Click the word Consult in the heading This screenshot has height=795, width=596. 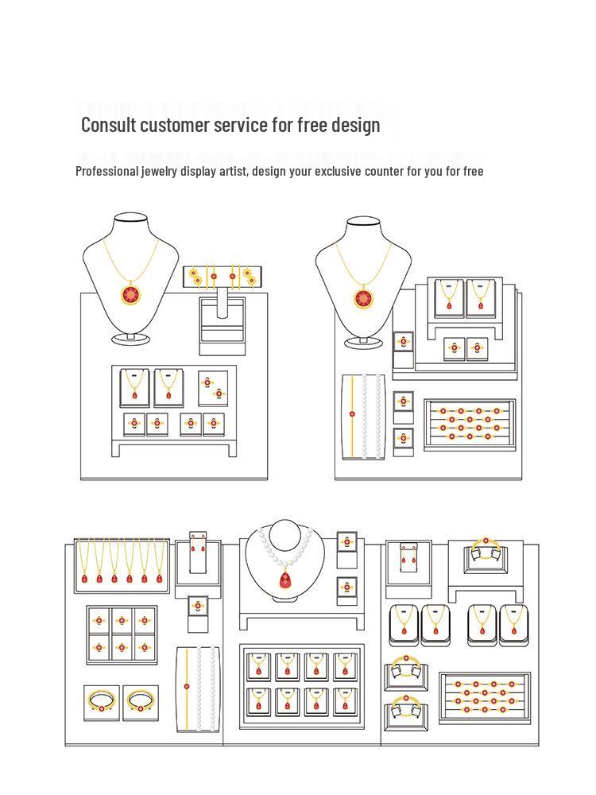[109, 125]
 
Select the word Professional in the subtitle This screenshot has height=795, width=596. [107, 172]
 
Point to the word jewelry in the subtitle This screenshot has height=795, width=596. [159, 172]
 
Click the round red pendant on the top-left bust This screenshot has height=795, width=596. [131, 294]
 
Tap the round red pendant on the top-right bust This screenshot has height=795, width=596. [363, 297]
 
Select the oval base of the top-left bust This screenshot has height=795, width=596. [131, 339]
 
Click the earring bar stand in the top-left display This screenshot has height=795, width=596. [222, 277]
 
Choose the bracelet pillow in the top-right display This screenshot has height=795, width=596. [363, 417]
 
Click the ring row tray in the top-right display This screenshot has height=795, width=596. [470, 425]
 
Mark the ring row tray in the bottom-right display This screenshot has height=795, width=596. [485, 698]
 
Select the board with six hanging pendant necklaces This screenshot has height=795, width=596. [121, 565]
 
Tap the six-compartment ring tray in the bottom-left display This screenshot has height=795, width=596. [122, 634]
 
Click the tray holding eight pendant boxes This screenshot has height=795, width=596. [301, 687]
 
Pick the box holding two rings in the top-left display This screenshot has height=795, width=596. [213, 389]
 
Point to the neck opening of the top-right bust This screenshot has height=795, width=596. [363, 221]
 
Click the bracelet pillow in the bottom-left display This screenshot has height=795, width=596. [199, 688]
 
